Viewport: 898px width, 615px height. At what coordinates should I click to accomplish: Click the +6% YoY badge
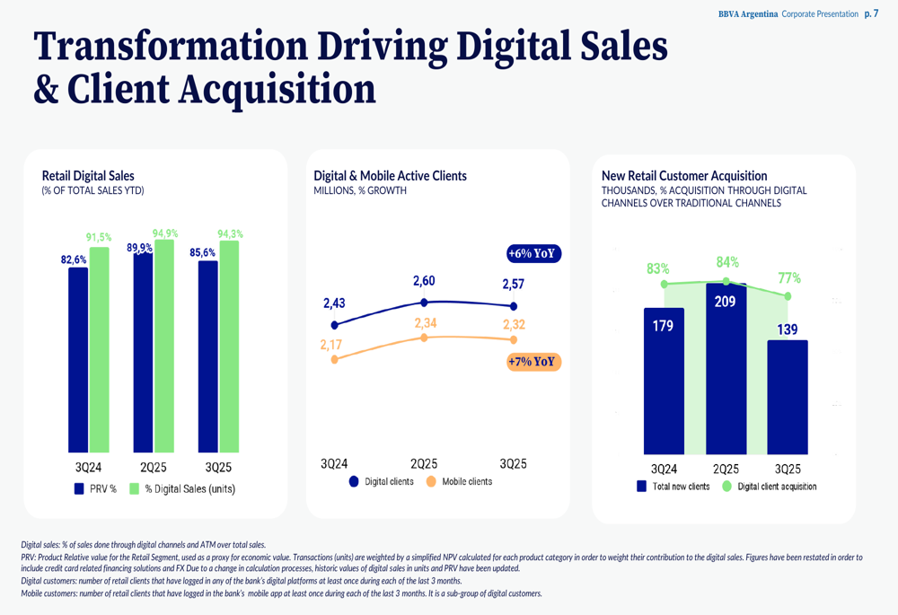(534, 254)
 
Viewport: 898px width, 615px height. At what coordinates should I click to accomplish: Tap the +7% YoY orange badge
(533, 363)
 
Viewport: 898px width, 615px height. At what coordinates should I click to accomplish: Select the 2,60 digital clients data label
(424, 282)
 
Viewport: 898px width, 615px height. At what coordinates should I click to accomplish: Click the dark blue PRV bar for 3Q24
(78, 359)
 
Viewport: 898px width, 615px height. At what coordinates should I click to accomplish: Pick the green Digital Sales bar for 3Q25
(229, 346)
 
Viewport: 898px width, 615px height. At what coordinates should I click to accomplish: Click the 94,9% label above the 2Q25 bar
(165, 233)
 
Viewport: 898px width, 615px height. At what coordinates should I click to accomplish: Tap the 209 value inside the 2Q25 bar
(725, 303)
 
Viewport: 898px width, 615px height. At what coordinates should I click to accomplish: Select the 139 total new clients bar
(788, 395)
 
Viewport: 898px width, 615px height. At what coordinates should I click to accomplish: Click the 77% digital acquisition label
(789, 278)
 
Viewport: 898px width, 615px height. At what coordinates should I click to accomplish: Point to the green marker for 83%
(665, 285)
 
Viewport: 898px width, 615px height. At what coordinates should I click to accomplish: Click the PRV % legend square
(79, 489)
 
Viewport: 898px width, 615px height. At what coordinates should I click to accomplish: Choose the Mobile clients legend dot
(431, 481)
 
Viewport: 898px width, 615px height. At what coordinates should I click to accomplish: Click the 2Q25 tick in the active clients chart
(424, 464)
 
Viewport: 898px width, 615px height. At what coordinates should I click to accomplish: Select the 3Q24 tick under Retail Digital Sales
(88, 468)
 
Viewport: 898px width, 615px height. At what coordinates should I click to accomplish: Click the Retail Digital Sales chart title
(88, 176)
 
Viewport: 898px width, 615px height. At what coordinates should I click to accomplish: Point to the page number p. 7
(871, 14)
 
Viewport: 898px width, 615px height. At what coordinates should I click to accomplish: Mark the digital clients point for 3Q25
(514, 306)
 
